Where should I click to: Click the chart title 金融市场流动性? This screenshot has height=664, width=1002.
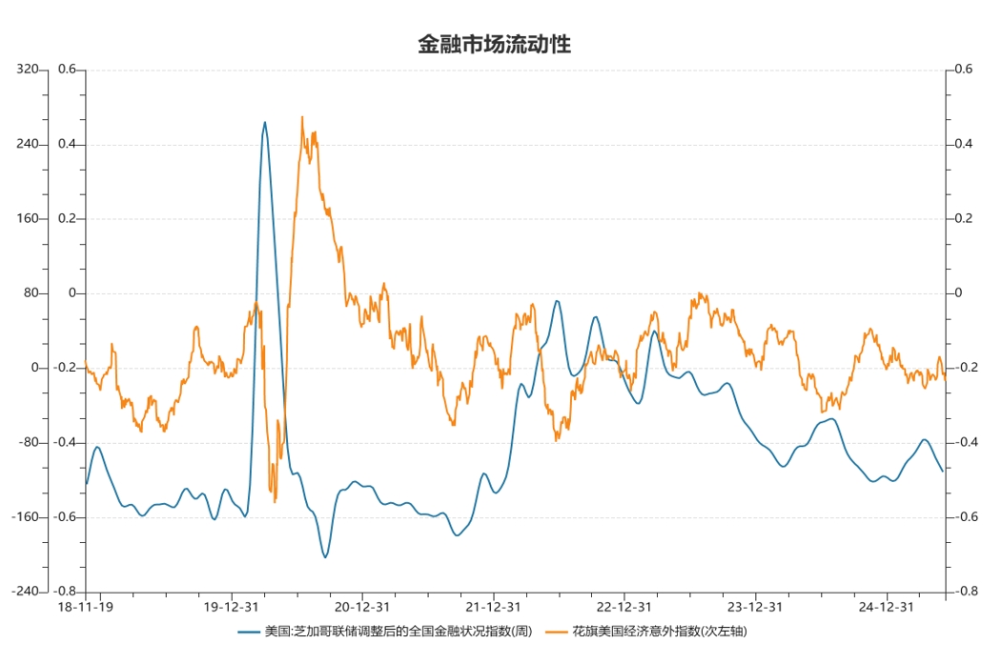(x=494, y=44)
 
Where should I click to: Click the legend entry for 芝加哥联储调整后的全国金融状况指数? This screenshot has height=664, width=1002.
(x=399, y=631)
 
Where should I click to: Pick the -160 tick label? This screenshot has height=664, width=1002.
(x=30, y=517)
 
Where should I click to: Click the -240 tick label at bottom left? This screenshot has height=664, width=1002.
(x=30, y=592)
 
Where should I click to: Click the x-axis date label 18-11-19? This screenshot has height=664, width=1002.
(x=86, y=607)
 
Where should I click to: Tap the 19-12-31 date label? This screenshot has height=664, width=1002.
(x=232, y=607)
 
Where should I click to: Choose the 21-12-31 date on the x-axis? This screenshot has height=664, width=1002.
(x=493, y=607)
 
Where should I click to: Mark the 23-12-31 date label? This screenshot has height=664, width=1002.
(x=755, y=607)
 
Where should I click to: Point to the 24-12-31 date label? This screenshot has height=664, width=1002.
(x=886, y=607)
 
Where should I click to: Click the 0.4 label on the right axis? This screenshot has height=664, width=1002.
(x=963, y=145)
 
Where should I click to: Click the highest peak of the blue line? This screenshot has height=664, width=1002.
(x=265, y=122)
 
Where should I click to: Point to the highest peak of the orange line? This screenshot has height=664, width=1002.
(x=302, y=117)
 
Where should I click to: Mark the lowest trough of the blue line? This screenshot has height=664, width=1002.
(x=325, y=557)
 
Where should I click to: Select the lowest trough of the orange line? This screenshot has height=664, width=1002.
(x=275, y=501)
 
